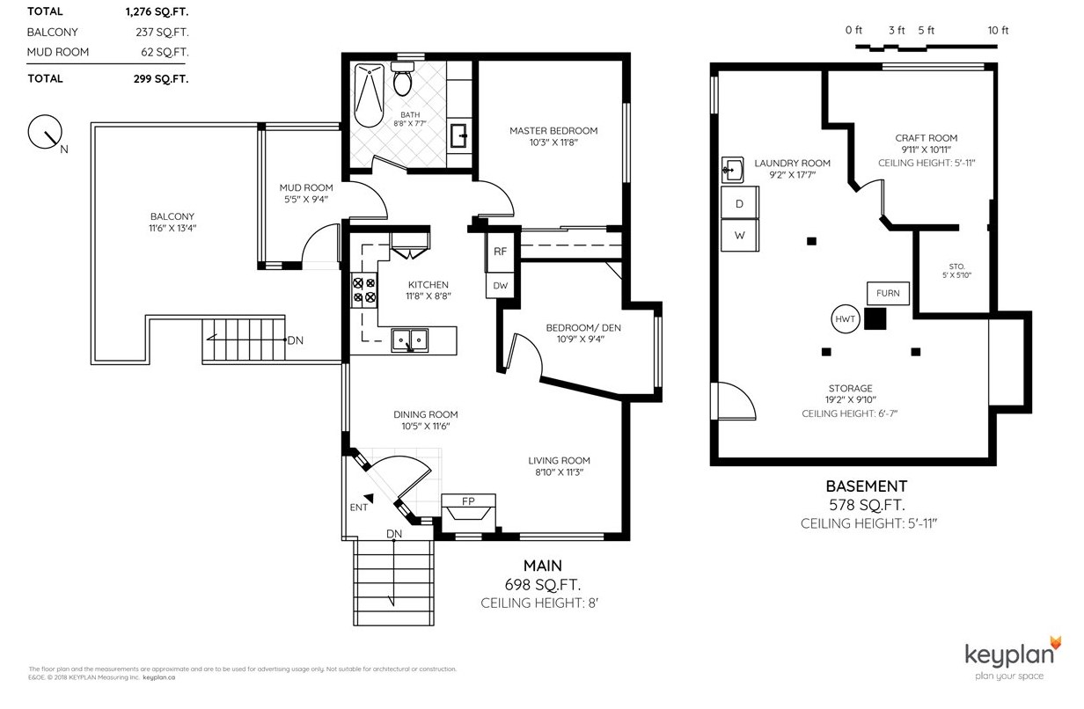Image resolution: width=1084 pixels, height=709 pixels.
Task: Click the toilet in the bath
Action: [402, 78]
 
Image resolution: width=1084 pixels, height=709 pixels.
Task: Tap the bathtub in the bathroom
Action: [369, 95]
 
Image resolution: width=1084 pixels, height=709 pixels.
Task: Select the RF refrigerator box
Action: [500, 252]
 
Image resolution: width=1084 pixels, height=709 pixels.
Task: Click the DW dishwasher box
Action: [500, 286]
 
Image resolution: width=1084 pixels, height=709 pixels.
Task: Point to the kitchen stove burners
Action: [364, 290]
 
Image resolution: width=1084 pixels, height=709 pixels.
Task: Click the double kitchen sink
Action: [409, 340]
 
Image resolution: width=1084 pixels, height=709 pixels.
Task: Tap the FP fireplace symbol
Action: [468, 512]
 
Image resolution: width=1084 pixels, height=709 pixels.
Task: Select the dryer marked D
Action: [739, 203]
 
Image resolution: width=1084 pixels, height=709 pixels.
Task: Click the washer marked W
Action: [739, 236]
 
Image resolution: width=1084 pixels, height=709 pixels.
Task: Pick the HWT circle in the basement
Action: [845, 319]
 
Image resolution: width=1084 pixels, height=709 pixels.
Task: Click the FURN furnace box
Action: [888, 293]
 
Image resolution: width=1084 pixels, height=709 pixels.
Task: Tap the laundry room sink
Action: [732, 170]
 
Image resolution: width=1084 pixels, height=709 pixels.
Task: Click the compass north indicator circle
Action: [45, 132]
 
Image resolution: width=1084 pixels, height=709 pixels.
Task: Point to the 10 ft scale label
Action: [998, 31]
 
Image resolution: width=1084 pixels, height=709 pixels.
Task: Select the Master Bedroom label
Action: [553, 131]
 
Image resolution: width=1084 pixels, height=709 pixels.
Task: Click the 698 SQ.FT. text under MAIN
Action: [543, 585]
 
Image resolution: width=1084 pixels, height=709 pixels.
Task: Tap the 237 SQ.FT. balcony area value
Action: [162, 32]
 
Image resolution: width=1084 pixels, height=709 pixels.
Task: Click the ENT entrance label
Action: [359, 508]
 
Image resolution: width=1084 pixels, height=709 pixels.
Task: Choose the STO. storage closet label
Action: [956, 267]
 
